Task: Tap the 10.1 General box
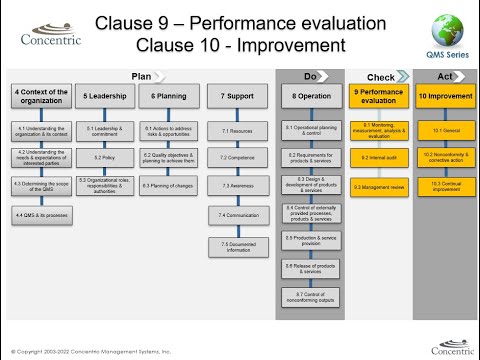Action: point(440,131)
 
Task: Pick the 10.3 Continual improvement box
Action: point(440,186)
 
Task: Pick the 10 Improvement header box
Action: point(440,97)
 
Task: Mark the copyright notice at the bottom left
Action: point(90,352)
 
